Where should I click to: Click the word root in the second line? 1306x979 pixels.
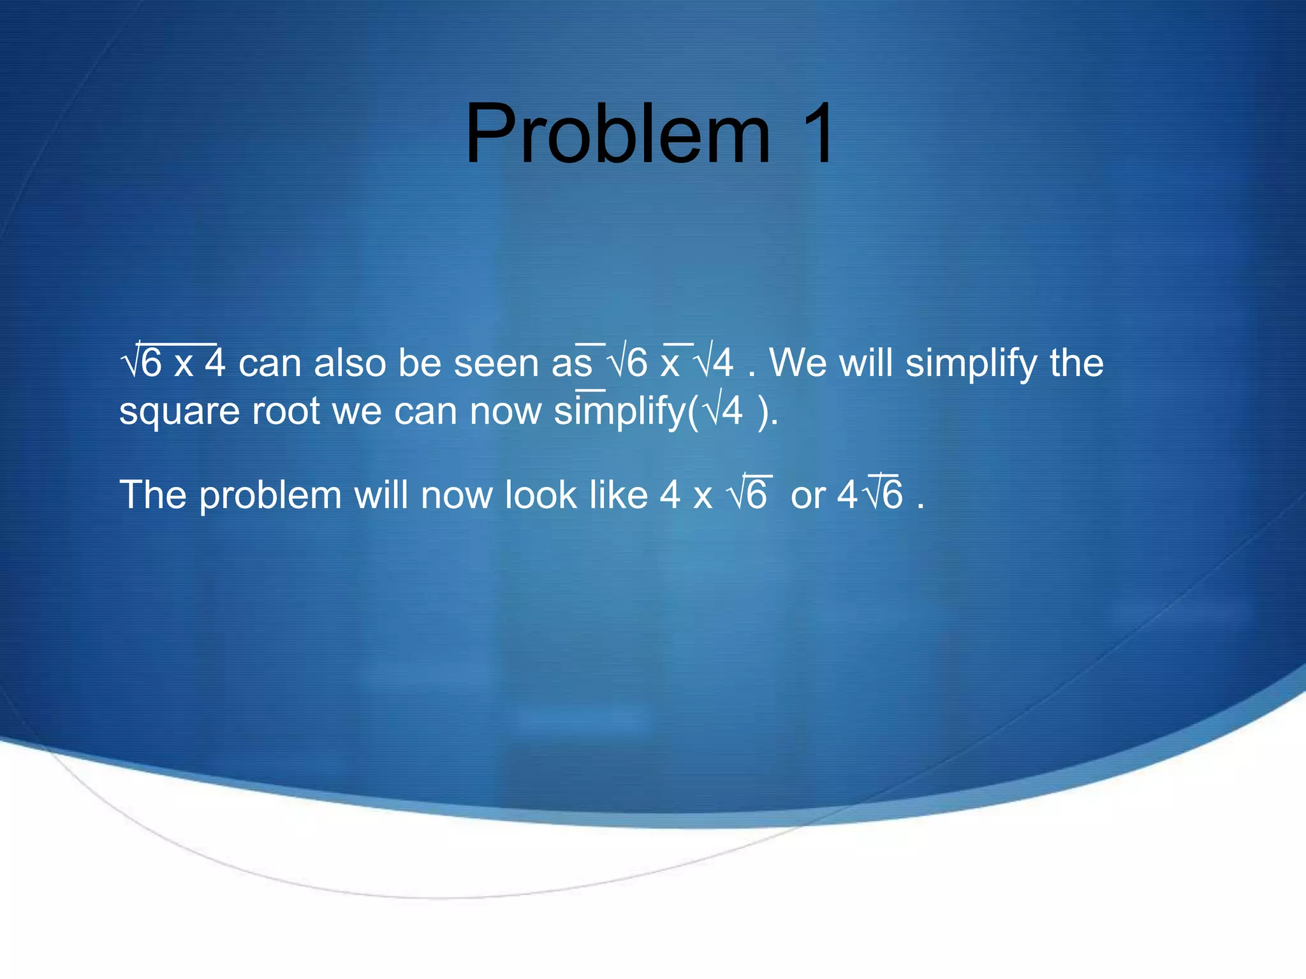tap(286, 411)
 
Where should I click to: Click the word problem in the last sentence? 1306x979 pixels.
tap(270, 496)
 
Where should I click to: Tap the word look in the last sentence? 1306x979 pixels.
tap(541, 495)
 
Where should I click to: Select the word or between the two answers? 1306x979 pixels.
tap(808, 496)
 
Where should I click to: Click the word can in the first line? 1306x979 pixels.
tap(269, 363)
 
